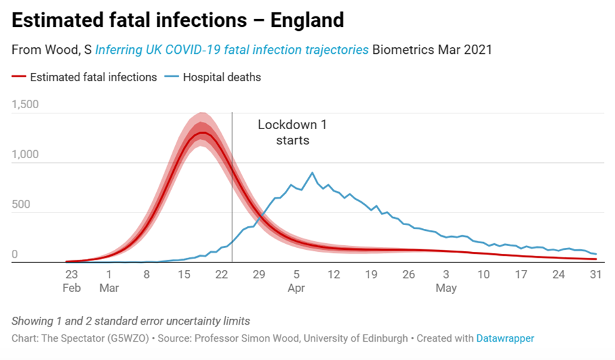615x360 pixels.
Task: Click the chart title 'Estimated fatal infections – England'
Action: click(178, 20)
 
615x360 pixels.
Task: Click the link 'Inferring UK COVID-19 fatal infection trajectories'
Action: click(231, 50)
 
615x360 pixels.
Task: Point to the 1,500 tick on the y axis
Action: click(26, 104)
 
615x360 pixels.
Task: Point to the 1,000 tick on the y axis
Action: click(26, 155)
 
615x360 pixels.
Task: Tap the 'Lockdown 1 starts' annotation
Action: click(283, 132)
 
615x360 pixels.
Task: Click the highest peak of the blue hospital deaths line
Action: click(312, 173)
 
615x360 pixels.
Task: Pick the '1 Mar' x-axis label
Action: click(108, 281)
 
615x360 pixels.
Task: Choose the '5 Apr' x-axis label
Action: click(296, 281)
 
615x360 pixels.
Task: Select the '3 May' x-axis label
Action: click(446, 281)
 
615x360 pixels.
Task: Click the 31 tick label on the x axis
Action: click(596, 275)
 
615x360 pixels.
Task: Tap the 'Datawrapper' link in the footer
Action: click(505, 338)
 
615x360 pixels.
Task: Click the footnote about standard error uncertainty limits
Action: click(130, 321)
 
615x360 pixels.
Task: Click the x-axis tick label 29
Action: click(258, 275)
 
